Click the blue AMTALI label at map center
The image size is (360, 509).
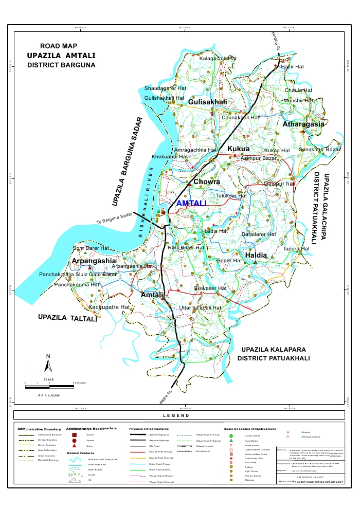click(191, 204)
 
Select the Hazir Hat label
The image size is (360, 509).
click(294, 67)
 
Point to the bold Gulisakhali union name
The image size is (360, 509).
click(207, 103)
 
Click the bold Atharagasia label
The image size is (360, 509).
click(303, 124)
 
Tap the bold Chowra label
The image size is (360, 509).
click(207, 182)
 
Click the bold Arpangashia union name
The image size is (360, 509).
click(93, 261)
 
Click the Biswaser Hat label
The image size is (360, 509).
click(210, 289)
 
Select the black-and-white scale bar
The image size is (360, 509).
click(49, 383)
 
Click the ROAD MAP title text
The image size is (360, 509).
click(62, 46)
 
